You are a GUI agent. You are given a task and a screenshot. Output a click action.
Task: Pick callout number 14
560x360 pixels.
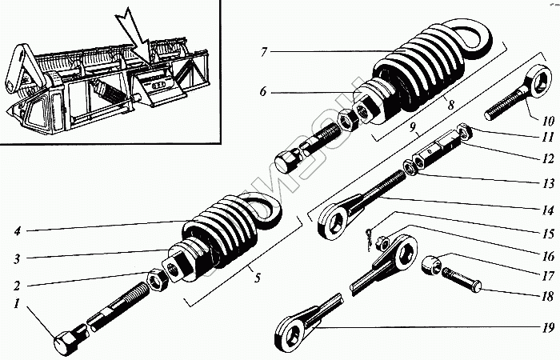546,210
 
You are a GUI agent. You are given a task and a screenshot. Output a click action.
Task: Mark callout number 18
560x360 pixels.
546,295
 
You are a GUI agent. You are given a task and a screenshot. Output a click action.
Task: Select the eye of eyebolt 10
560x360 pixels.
540,81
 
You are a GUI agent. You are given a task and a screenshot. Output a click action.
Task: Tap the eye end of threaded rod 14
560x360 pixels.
330,221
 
